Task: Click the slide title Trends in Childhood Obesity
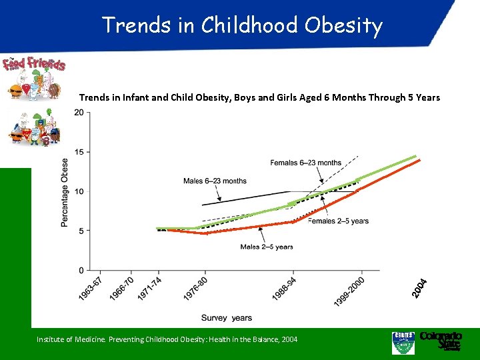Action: click(x=242, y=25)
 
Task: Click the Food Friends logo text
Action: click(x=35, y=64)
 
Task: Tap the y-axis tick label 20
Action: click(x=79, y=113)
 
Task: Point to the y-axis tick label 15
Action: click(x=79, y=152)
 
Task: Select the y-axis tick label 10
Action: click(x=79, y=191)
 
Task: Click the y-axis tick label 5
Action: click(x=81, y=231)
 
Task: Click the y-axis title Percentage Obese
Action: click(x=65, y=192)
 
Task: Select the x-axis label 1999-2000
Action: click(x=349, y=293)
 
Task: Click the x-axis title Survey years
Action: click(x=227, y=317)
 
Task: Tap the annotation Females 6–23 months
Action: click(x=305, y=163)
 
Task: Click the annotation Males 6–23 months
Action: click(x=215, y=181)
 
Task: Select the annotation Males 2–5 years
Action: click(x=267, y=247)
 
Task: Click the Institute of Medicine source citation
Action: click(x=167, y=340)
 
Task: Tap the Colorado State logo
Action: click(x=440, y=340)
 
